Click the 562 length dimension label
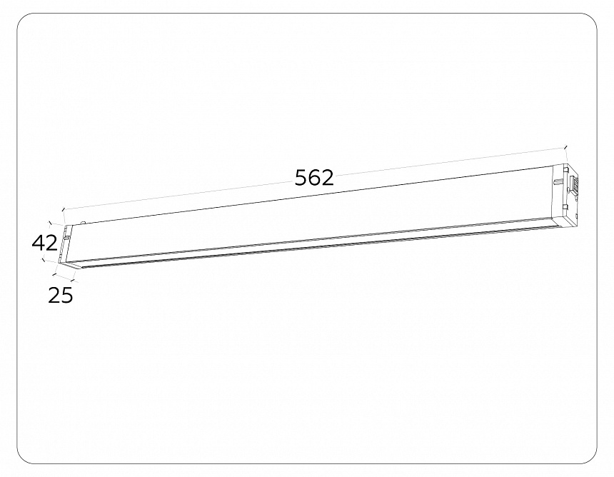click(x=314, y=177)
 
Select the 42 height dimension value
click(x=44, y=243)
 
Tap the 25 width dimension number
click(x=61, y=295)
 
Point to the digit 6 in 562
click(x=314, y=177)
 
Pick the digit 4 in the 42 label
click(x=38, y=243)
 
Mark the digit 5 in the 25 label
click(x=66, y=295)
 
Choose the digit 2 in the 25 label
click(x=54, y=295)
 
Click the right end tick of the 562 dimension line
click(x=565, y=148)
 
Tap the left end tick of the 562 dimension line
click(x=64, y=210)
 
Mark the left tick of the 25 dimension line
click(x=55, y=275)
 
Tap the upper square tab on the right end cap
click(x=564, y=169)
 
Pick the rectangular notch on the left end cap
click(x=66, y=238)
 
